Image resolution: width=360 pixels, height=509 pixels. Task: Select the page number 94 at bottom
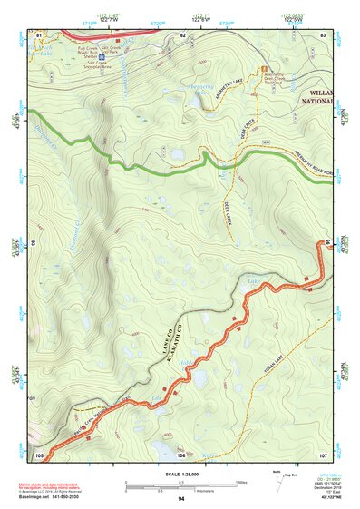pos(181,499)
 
